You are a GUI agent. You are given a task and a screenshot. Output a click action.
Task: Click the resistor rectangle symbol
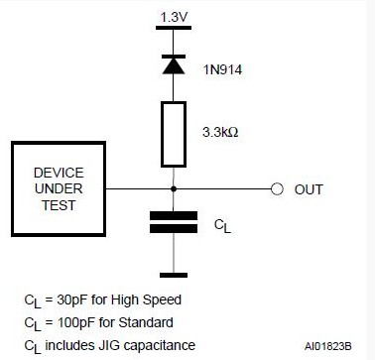pyautogui.click(x=174, y=131)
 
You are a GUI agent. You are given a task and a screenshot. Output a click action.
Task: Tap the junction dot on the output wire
pyautogui.click(x=174, y=188)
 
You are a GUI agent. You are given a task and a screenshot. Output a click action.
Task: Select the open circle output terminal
pyautogui.click(x=277, y=188)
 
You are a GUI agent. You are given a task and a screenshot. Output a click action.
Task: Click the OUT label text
pyautogui.click(x=309, y=189)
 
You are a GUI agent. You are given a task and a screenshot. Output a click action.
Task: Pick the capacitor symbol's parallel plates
pyautogui.click(x=174, y=222)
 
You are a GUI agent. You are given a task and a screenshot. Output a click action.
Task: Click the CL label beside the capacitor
pyautogui.click(x=223, y=225)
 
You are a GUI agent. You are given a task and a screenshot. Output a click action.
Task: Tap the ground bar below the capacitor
pyautogui.click(x=174, y=275)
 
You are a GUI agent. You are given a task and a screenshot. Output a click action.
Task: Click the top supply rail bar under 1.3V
pyautogui.click(x=174, y=33)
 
